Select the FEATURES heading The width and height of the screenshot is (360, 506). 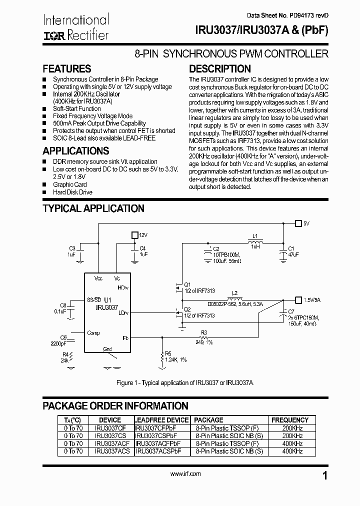click(x=67, y=69)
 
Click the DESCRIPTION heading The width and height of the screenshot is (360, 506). click(x=219, y=69)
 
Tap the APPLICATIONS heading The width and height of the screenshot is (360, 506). click(x=75, y=150)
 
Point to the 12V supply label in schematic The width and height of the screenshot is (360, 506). click(x=143, y=234)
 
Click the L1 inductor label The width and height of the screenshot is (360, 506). click(x=254, y=235)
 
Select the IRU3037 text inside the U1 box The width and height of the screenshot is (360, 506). click(x=106, y=307)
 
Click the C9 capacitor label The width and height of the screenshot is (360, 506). click(x=63, y=337)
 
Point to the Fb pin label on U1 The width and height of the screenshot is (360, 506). click(x=125, y=338)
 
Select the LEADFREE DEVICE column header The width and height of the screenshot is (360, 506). click(x=162, y=420)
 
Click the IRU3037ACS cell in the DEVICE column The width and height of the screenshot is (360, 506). click(x=112, y=450)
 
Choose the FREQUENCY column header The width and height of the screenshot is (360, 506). click(x=289, y=420)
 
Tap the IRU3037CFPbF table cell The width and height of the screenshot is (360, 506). click(x=156, y=428)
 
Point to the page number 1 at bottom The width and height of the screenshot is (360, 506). click(x=325, y=475)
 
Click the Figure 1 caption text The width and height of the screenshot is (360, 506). click(x=185, y=382)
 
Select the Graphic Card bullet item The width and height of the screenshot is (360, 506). click(x=69, y=184)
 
